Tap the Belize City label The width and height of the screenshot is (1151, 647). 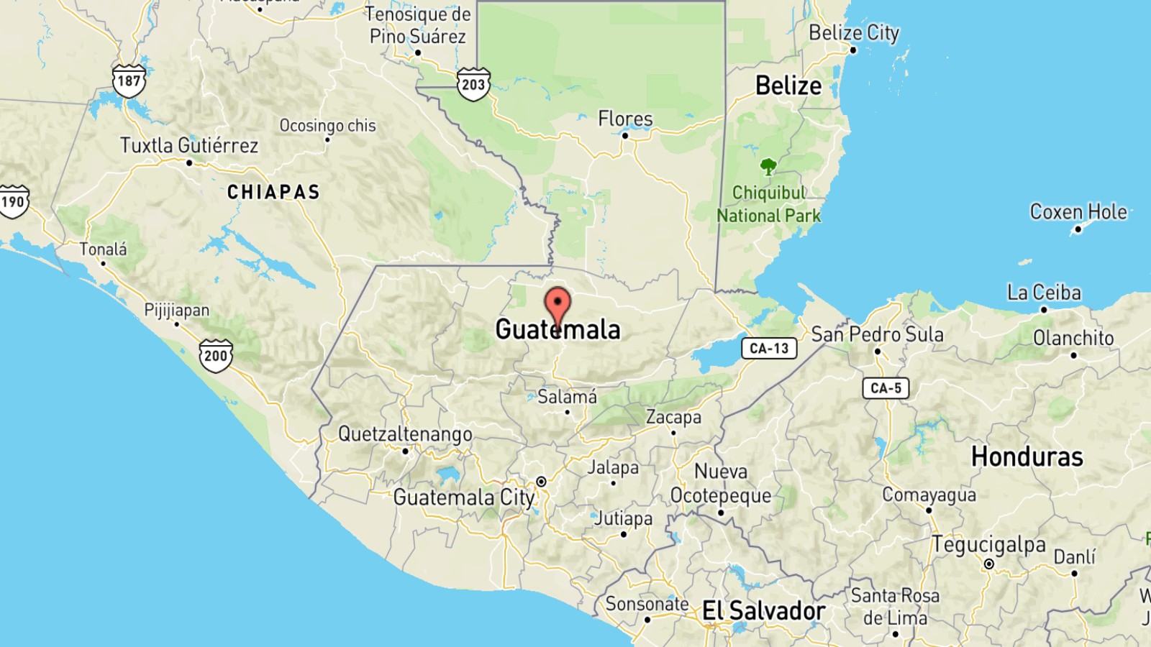(854, 33)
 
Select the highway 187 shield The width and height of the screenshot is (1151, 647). (129, 81)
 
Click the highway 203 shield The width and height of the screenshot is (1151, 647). (473, 84)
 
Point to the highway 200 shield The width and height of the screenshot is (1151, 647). (216, 355)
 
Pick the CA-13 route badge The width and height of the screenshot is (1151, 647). (769, 349)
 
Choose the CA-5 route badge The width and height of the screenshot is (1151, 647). (886, 388)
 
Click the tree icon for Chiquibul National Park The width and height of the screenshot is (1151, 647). (768, 167)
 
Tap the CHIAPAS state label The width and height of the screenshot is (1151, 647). (273, 192)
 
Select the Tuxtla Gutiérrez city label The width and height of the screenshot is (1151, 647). (188, 146)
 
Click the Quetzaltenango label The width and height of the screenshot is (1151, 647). (405, 434)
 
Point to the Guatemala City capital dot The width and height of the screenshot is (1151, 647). (541, 482)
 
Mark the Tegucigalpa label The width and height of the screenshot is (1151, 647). (988, 545)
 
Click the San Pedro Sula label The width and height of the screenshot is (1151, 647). (877, 335)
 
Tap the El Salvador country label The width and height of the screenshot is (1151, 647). (763, 611)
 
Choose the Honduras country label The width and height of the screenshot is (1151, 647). (1027, 457)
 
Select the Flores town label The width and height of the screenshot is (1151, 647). (625, 119)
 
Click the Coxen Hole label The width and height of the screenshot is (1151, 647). (1078, 212)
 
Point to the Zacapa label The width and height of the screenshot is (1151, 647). (673, 418)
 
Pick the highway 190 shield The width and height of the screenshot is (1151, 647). (13, 201)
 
